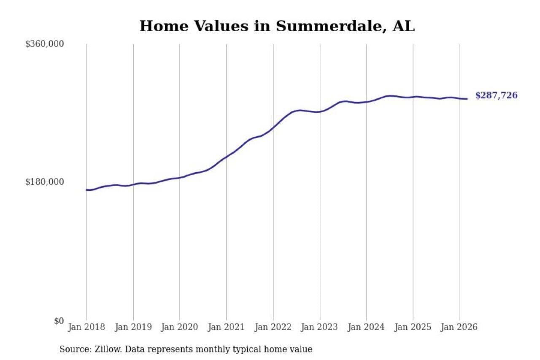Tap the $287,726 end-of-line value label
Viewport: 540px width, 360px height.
pyautogui.click(x=496, y=95)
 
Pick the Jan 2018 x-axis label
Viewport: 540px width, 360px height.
pyautogui.click(x=86, y=327)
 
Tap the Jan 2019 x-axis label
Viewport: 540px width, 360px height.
pyautogui.click(x=133, y=327)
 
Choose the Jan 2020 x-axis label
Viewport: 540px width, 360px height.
pyautogui.click(x=180, y=327)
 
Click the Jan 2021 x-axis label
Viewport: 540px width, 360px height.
pyautogui.click(x=227, y=327)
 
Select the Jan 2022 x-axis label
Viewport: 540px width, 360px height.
pyautogui.click(x=273, y=327)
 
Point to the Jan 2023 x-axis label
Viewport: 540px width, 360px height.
pyautogui.click(x=320, y=327)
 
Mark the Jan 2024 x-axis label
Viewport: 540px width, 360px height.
pyautogui.click(x=366, y=327)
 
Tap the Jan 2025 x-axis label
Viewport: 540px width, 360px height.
pyautogui.click(x=413, y=327)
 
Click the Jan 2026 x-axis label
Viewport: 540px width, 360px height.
pyautogui.click(x=459, y=327)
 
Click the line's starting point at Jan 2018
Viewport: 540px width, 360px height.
pyautogui.click(x=87, y=190)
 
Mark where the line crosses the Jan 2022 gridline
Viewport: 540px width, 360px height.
pyautogui.click(x=273, y=127)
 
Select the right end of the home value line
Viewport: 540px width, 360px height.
pyautogui.click(x=467, y=99)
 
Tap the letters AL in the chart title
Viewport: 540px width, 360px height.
pyautogui.click(x=404, y=26)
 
